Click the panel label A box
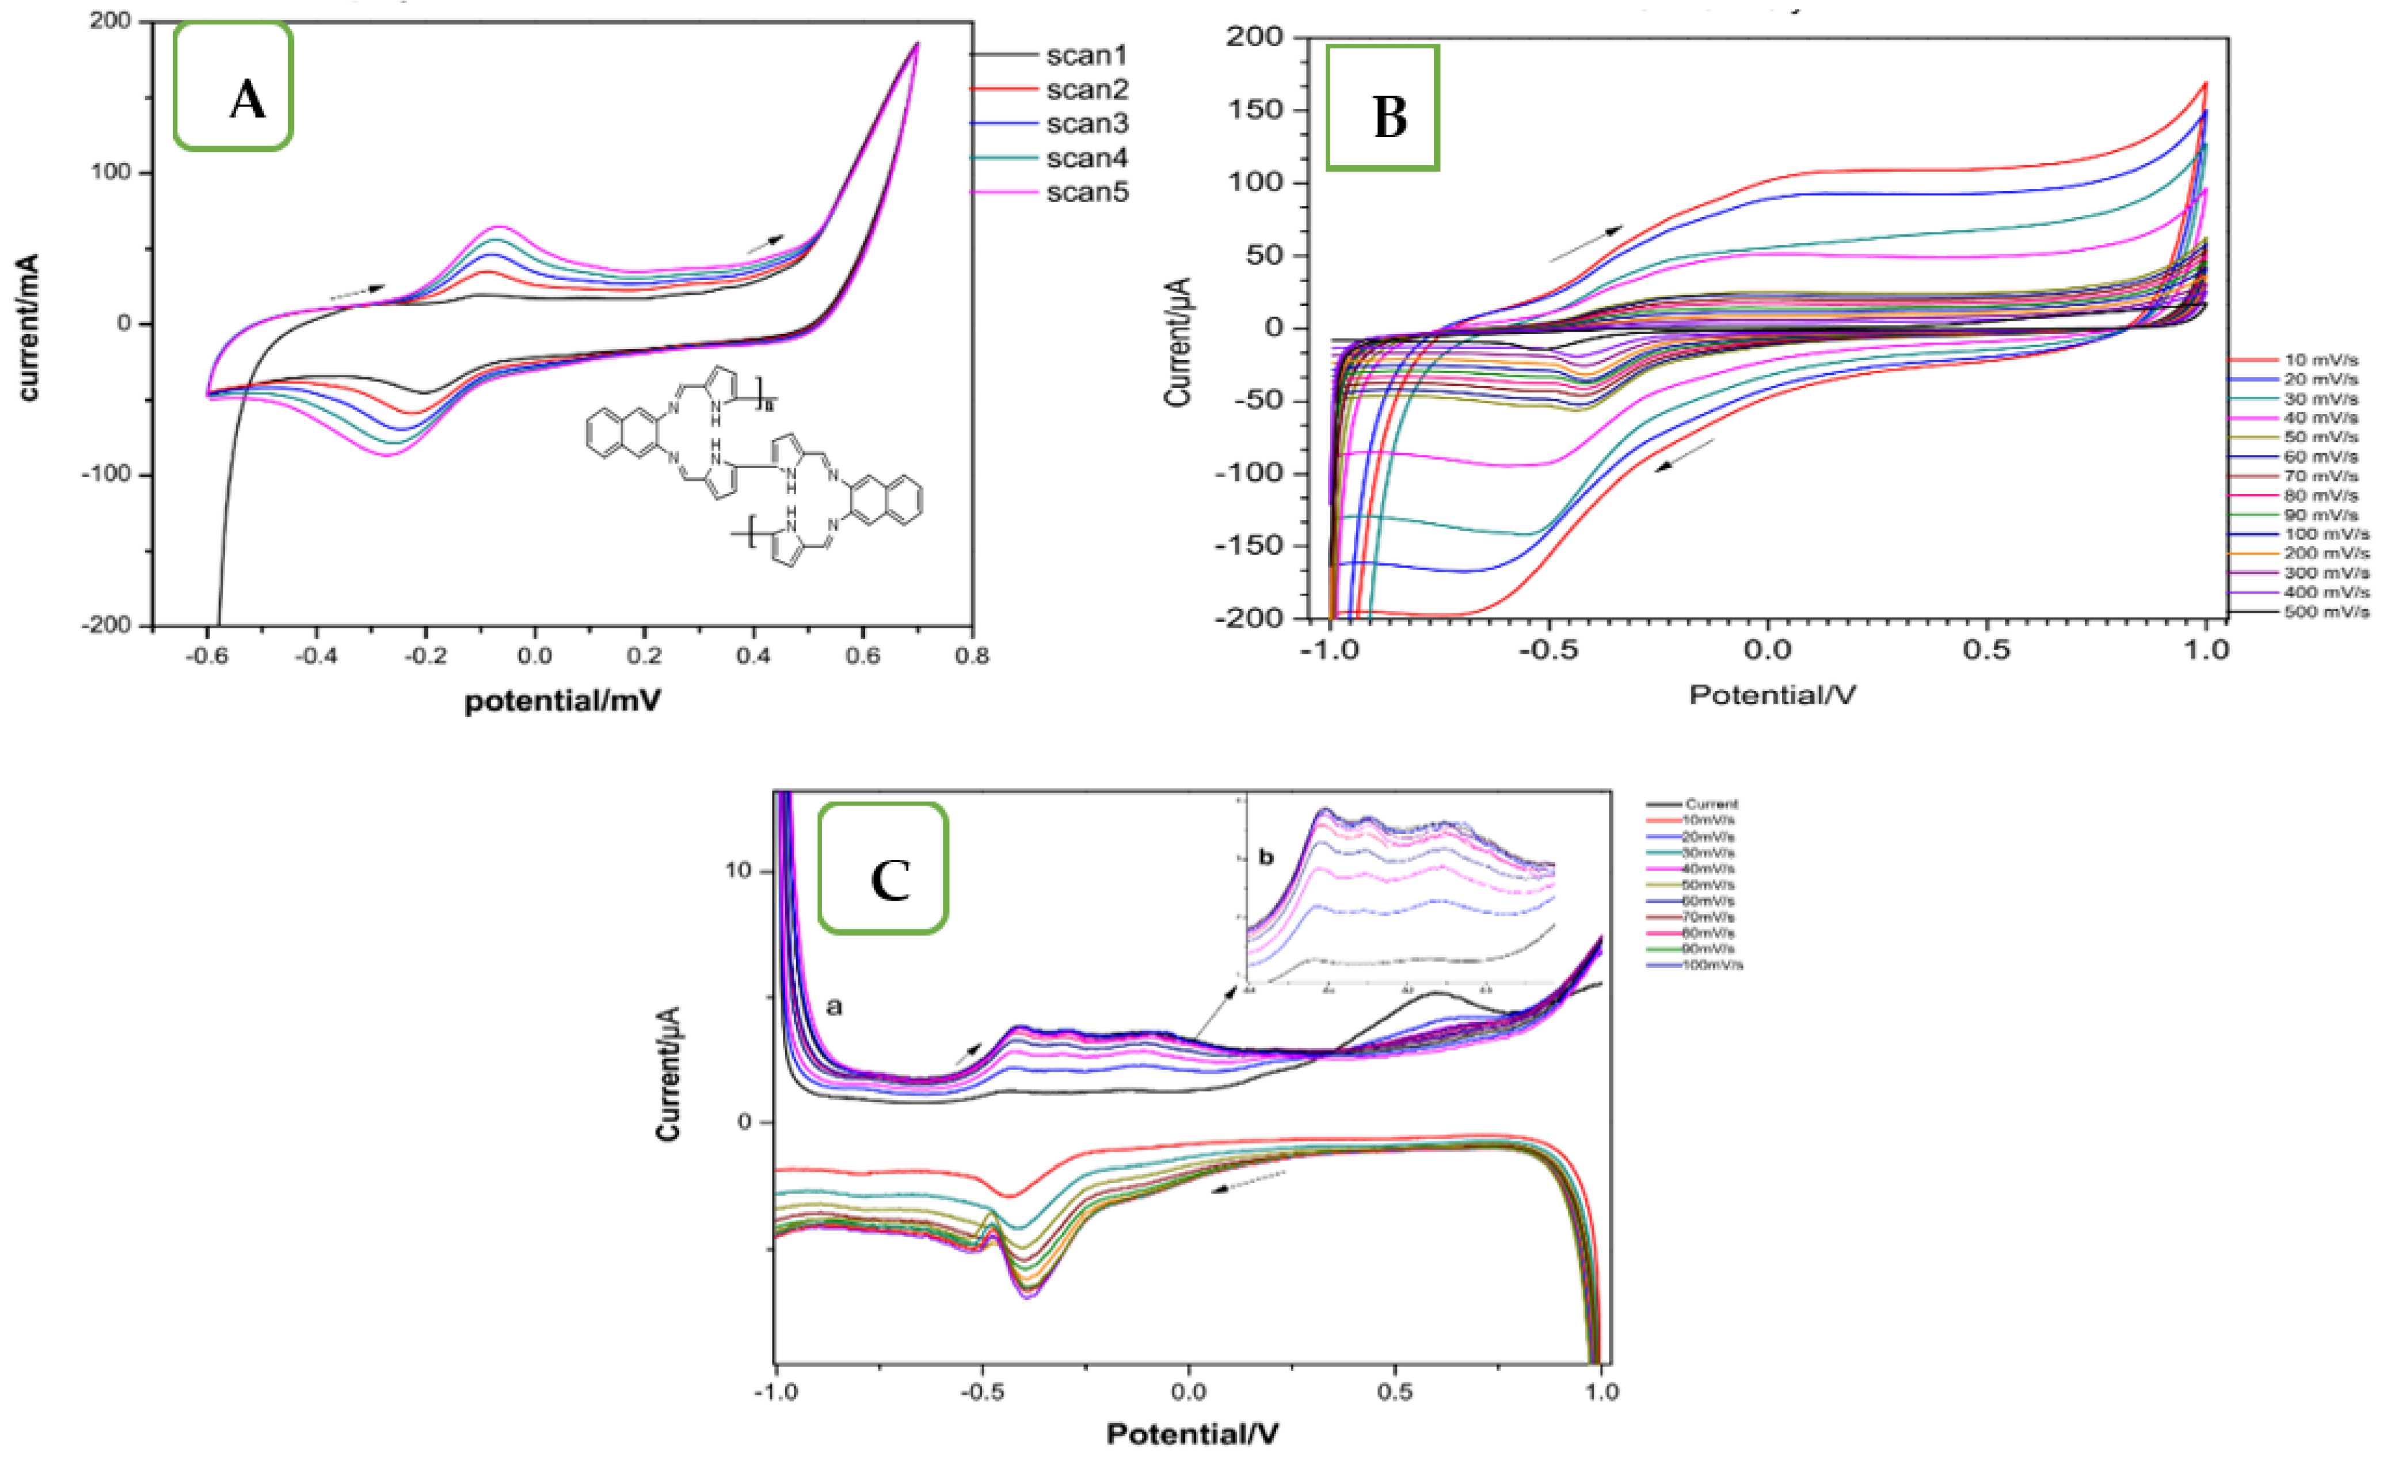pyautogui.click(x=233, y=87)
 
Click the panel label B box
pyautogui.click(x=1382, y=107)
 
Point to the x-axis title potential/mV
pyautogui.click(x=563, y=700)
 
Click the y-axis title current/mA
pyautogui.click(x=28, y=327)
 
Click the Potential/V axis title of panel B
pyautogui.click(x=1772, y=695)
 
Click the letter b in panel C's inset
pyautogui.click(x=1266, y=857)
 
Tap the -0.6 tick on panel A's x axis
pyautogui.click(x=206, y=656)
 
